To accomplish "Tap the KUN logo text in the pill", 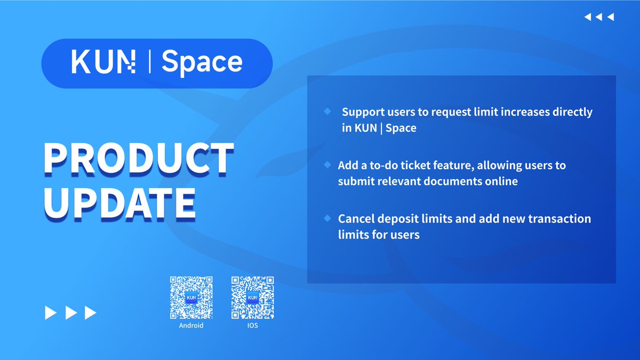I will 103,62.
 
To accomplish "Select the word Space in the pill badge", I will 202,62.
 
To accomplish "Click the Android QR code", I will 191,298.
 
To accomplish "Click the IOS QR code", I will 252,298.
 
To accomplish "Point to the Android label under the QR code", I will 191,325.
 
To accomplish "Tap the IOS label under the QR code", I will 252,325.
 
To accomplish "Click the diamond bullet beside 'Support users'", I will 327,111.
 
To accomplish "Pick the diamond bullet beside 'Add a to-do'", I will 327,164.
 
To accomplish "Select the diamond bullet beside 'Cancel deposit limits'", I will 327,218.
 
